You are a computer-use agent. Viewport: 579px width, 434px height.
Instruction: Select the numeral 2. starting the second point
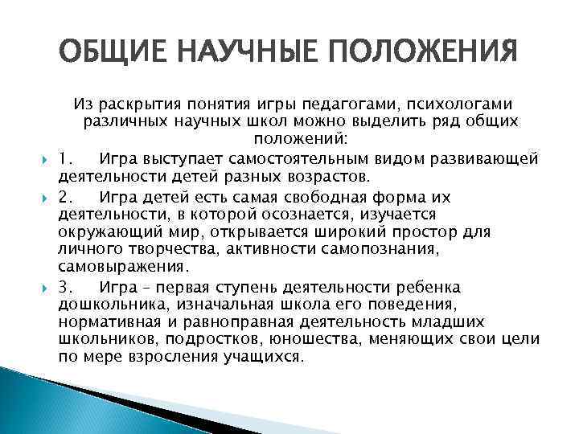coord(67,197)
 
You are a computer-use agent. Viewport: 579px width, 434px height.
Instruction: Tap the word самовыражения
coord(117,265)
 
